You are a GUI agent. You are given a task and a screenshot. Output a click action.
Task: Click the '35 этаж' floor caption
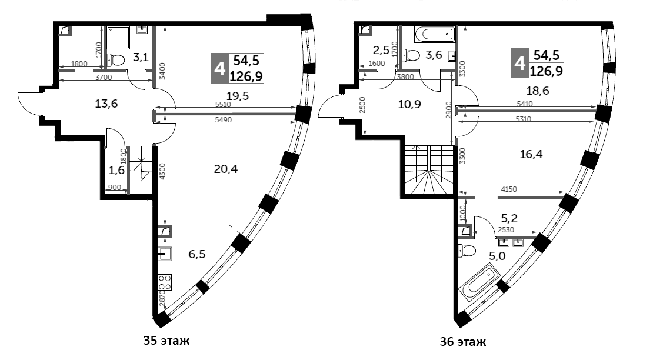(x=168, y=341)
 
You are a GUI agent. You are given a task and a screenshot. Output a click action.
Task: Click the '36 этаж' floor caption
(x=463, y=341)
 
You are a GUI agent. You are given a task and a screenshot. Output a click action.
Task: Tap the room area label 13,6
(x=106, y=104)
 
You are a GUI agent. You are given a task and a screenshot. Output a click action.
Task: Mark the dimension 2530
(x=507, y=230)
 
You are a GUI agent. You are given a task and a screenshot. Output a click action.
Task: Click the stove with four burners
(x=165, y=282)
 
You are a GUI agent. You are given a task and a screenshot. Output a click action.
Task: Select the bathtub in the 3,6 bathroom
(x=435, y=35)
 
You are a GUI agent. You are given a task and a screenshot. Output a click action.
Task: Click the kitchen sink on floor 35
(x=165, y=254)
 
